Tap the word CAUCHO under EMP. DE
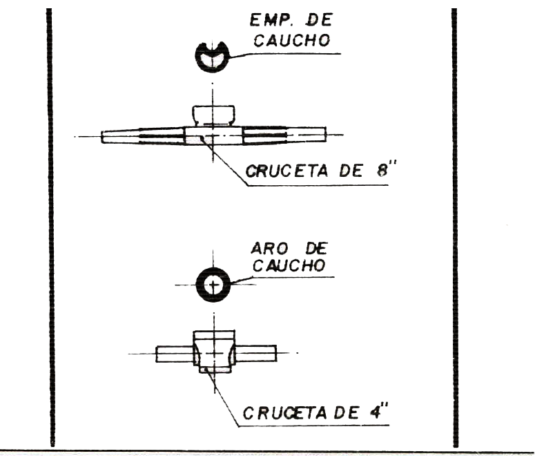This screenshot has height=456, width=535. coord(291,41)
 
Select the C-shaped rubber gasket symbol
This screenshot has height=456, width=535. coord(213,57)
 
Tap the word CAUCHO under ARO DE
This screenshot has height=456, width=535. coord(291,265)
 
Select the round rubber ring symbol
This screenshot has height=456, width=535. coord(214,284)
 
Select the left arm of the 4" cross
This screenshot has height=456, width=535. coord(173,353)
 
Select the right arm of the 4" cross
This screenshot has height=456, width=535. coord(255,353)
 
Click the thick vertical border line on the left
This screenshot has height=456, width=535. coord(50,228)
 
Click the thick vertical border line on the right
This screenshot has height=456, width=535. coord(454,228)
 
